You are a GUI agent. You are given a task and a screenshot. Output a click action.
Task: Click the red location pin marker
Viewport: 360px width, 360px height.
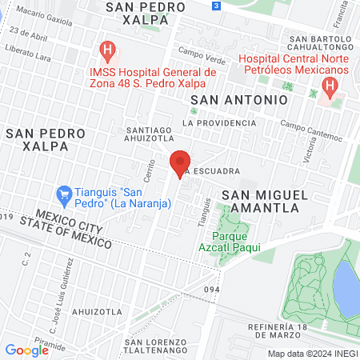coord(181,165)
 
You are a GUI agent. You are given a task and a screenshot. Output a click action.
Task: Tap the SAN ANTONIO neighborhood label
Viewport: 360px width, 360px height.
coord(238,100)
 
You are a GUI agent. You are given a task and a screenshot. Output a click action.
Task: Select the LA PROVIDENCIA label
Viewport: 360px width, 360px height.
coord(216,123)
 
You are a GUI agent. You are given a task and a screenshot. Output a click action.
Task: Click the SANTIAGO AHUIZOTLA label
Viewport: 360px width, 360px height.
coord(150,134)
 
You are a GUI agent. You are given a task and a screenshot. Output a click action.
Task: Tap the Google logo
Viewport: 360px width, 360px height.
coord(26,350)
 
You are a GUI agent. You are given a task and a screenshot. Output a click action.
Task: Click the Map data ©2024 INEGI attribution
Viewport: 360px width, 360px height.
coord(312,354)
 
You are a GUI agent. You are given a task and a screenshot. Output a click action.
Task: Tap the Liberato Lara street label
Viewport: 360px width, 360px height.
coord(30,51)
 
